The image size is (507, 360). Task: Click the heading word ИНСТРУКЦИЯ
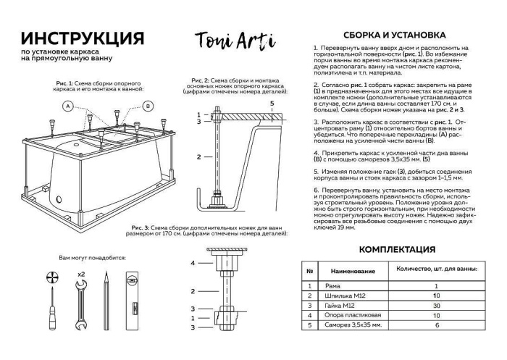point(82,38)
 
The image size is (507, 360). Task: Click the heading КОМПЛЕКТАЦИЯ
point(397,250)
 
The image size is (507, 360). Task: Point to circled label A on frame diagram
point(67,106)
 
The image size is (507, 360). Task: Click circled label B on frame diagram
point(148,106)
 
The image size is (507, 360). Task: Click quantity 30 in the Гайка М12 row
point(437,306)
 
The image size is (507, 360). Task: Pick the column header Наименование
point(353,271)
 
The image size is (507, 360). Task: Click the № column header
point(309,271)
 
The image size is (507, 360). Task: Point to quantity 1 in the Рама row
point(437,286)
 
